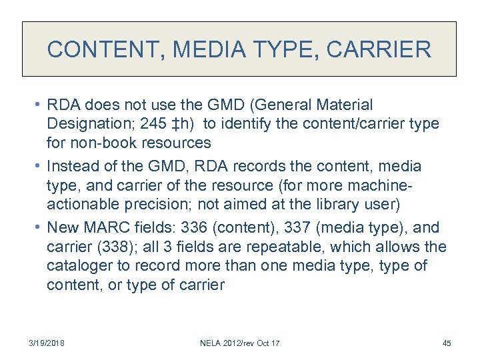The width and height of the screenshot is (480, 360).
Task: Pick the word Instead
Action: pos(75,165)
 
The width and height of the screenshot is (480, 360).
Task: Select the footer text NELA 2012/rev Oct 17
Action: pos(239,343)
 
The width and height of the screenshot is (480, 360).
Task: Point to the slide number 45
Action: pos(446,343)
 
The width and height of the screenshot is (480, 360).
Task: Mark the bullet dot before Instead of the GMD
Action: pos(39,165)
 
